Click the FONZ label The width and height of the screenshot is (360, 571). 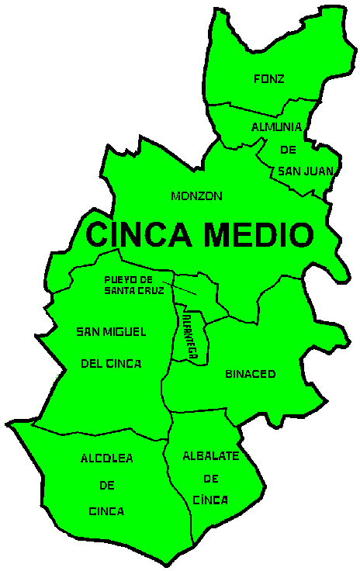click(x=269, y=78)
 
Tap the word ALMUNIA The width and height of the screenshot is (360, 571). click(x=275, y=126)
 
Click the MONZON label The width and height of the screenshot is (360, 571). click(x=196, y=196)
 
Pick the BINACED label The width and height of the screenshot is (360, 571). click(x=250, y=374)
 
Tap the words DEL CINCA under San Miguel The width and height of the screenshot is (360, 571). click(x=112, y=362)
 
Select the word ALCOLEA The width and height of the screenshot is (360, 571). click(x=107, y=459)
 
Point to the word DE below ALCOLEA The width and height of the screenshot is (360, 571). click(x=106, y=486)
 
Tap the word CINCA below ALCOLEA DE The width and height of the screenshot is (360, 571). click(x=106, y=512)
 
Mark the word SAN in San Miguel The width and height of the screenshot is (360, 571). click(x=88, y=332)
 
